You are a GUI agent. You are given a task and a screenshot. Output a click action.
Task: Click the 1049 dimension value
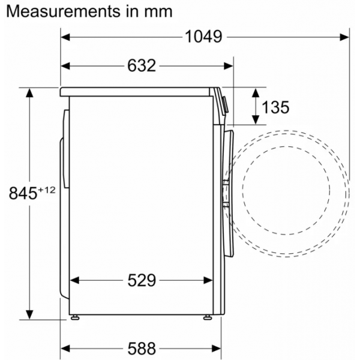203,37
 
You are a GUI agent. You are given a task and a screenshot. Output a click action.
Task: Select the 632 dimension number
142,65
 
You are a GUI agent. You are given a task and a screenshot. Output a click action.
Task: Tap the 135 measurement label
275,107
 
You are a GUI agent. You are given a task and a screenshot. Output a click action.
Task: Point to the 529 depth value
142,280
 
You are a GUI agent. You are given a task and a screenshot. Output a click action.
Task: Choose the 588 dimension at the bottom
142,349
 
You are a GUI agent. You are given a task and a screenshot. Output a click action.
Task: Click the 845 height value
23,193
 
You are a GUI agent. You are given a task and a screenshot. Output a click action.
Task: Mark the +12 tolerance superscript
47,190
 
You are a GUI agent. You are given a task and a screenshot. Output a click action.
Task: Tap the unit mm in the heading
158,12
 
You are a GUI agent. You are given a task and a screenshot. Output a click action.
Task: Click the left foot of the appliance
75,317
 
